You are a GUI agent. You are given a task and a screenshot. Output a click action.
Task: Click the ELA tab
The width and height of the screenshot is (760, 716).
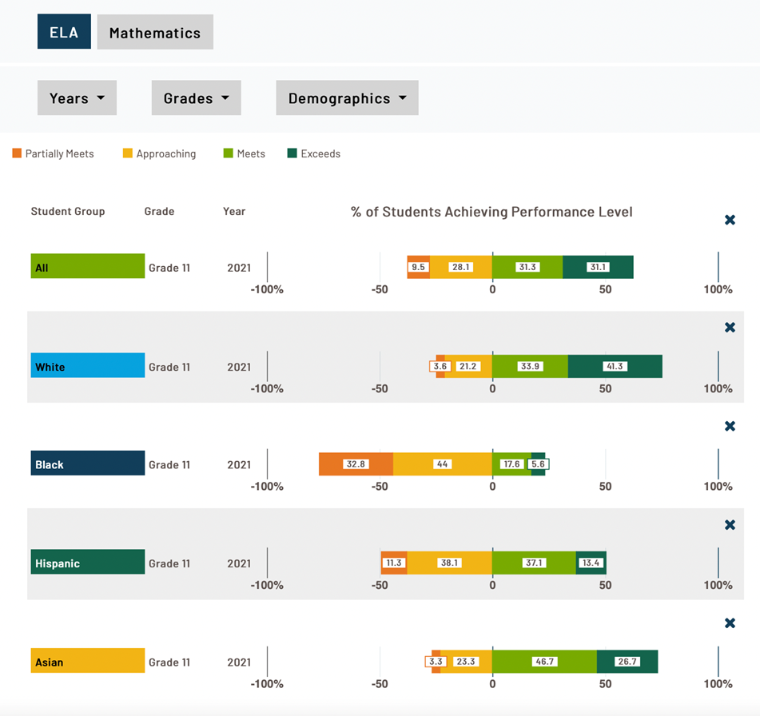point(64,32)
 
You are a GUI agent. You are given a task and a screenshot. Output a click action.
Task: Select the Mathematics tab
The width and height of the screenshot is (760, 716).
point(155,33)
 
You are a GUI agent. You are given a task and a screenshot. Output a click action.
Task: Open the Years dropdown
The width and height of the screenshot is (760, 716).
point(77,98)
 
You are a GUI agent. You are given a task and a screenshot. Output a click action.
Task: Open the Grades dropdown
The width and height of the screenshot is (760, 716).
point(196,98)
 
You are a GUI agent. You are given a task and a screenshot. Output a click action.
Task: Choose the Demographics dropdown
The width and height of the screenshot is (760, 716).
point(347,98)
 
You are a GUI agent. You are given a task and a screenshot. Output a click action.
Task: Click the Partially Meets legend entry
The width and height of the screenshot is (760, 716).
point(53,153)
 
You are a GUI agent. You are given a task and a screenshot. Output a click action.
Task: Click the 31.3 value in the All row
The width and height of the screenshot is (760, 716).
point(527,267)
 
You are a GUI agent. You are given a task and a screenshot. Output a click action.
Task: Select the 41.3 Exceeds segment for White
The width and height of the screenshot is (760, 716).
point(615,367)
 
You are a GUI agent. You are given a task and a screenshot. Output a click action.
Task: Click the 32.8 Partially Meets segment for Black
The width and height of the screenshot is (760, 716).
point(356,464)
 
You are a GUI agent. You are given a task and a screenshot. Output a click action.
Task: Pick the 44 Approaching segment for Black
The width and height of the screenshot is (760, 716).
point(442,464)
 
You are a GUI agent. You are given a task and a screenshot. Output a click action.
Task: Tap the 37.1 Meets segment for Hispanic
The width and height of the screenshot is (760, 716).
point(534,563)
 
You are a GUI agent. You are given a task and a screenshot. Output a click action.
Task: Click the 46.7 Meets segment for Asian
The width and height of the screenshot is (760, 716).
point(544,662)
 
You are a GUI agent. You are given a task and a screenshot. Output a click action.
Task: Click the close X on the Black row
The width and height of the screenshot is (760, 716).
point(730,426)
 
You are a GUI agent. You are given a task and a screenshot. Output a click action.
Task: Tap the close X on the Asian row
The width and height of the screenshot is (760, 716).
point(730,623)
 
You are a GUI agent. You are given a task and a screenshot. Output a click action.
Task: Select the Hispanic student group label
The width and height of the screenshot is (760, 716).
point(87,563)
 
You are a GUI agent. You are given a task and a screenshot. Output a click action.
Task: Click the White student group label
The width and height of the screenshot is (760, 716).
point(87,367)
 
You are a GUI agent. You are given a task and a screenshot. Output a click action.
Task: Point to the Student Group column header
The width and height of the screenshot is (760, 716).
point(68,212)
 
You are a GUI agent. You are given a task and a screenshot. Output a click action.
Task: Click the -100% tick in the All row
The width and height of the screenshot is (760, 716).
point(267,289)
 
